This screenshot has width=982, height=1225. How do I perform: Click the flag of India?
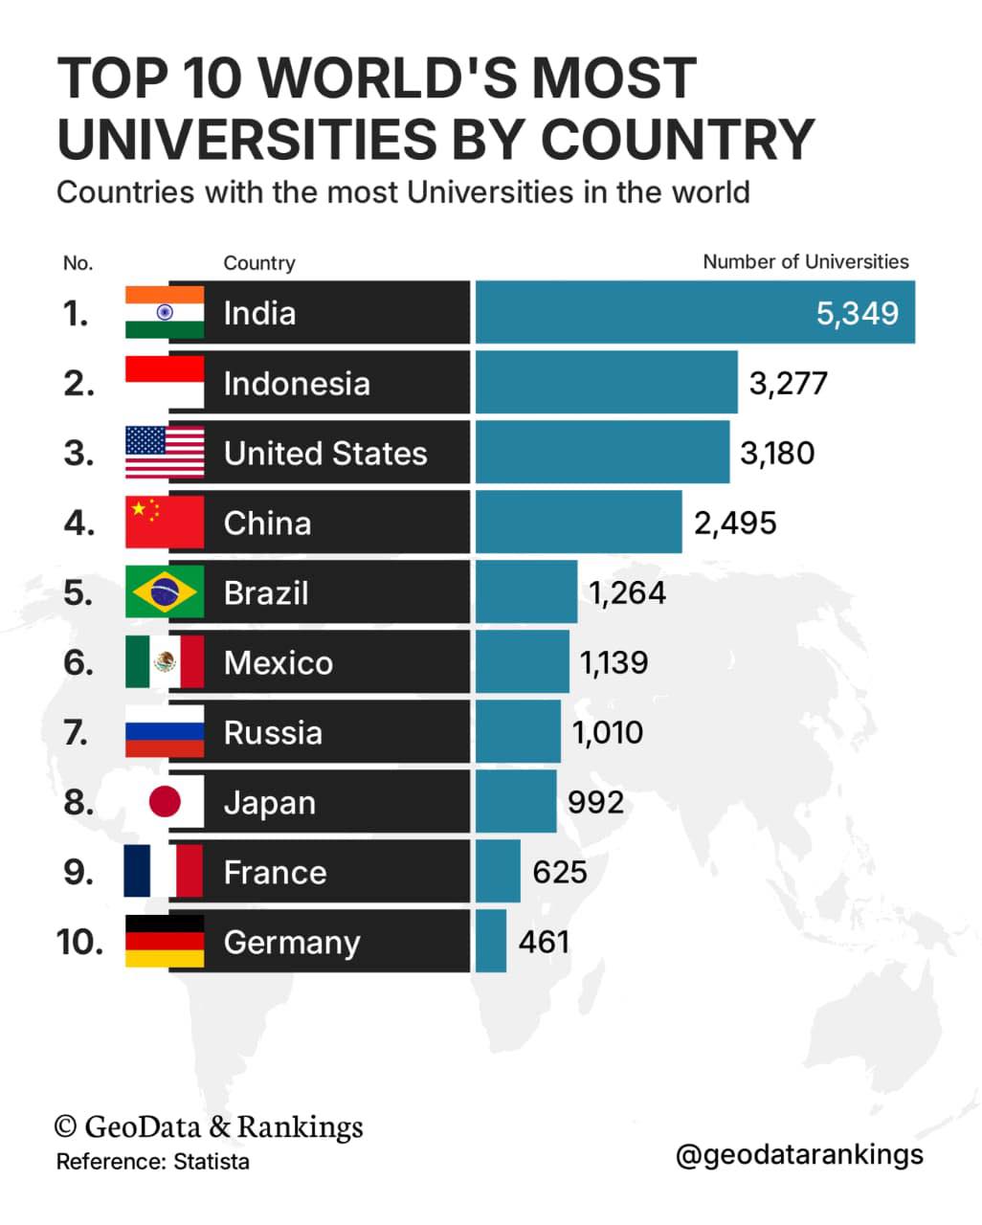coord(165,312)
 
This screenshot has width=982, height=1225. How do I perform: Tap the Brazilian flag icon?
coord(165,592)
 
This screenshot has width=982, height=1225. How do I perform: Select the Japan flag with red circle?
coord(165,801)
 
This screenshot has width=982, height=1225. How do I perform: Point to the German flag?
coord(165,942)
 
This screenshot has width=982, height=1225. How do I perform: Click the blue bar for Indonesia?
coord(607,382)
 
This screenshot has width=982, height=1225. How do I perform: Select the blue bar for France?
coord(498,872)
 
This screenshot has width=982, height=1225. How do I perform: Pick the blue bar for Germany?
coord(491,942)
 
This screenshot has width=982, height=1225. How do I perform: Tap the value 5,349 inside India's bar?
coord(858,314)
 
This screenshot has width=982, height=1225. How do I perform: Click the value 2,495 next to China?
coord(735,523)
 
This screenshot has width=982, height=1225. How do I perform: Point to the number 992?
coord(595,802)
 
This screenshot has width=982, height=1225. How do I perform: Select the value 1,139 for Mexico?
coord(614,662)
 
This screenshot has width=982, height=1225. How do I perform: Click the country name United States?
coord(325,453)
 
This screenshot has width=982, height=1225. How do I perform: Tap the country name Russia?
coord(273,733)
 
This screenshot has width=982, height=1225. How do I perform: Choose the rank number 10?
coord(79,942)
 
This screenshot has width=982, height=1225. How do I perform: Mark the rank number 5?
coord(78,592)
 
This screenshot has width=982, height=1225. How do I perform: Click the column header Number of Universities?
coord(806,262)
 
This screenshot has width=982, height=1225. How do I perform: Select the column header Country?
coord(259,263)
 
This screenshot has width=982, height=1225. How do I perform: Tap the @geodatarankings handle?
coord(799,1155)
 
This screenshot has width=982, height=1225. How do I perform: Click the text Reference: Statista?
coord(152,1162)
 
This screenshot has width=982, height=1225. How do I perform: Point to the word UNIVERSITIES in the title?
coord(247,139)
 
